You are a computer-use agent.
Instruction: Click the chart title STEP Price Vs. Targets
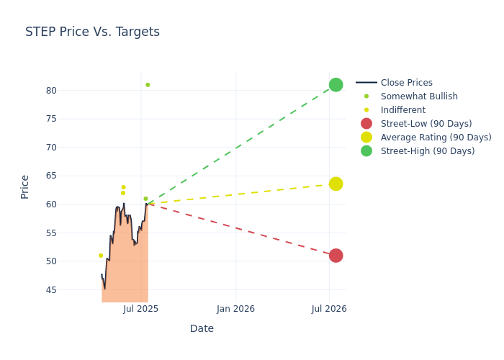92,32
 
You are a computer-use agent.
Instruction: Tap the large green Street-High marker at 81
336,85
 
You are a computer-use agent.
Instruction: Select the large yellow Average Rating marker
336,184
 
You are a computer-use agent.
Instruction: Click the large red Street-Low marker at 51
336,256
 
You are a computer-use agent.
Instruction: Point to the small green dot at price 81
148,85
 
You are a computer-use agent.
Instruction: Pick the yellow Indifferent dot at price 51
101,256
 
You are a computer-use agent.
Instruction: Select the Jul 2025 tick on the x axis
141,309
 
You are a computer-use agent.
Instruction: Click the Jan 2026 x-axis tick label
235,309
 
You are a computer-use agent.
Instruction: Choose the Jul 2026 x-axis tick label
329,309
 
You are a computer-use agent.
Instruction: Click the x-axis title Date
202,329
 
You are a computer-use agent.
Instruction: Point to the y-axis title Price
25,186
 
